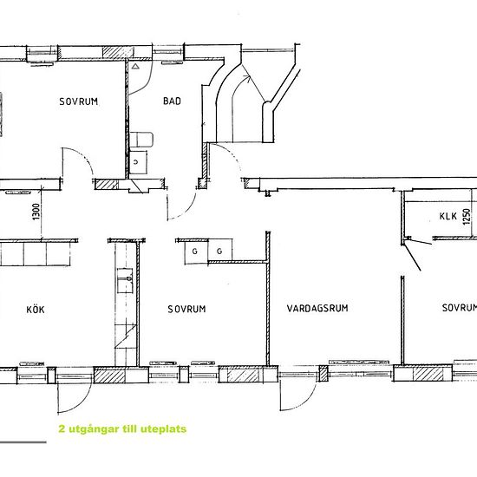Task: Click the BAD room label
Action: [x=172, y=101]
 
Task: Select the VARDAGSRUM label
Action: [x=317, y=308]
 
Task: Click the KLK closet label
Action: [x=448, y=217]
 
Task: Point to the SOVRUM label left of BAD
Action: [x=79, y=101]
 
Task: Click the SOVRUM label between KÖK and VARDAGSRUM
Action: [x=186, y=308]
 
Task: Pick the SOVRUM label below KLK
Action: [x=459, y=308]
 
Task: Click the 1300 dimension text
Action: [x=36, y=211]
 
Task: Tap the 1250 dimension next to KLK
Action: [x=466, y=218]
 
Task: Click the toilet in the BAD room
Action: [x=144, y=140]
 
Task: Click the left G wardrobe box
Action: [x=195, y=251]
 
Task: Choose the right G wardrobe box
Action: [x=219, y=251]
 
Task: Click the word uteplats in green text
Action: [x=161, y=428]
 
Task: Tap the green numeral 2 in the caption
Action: [x=61, y=428]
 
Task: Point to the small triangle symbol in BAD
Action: [x=137, y=65]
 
